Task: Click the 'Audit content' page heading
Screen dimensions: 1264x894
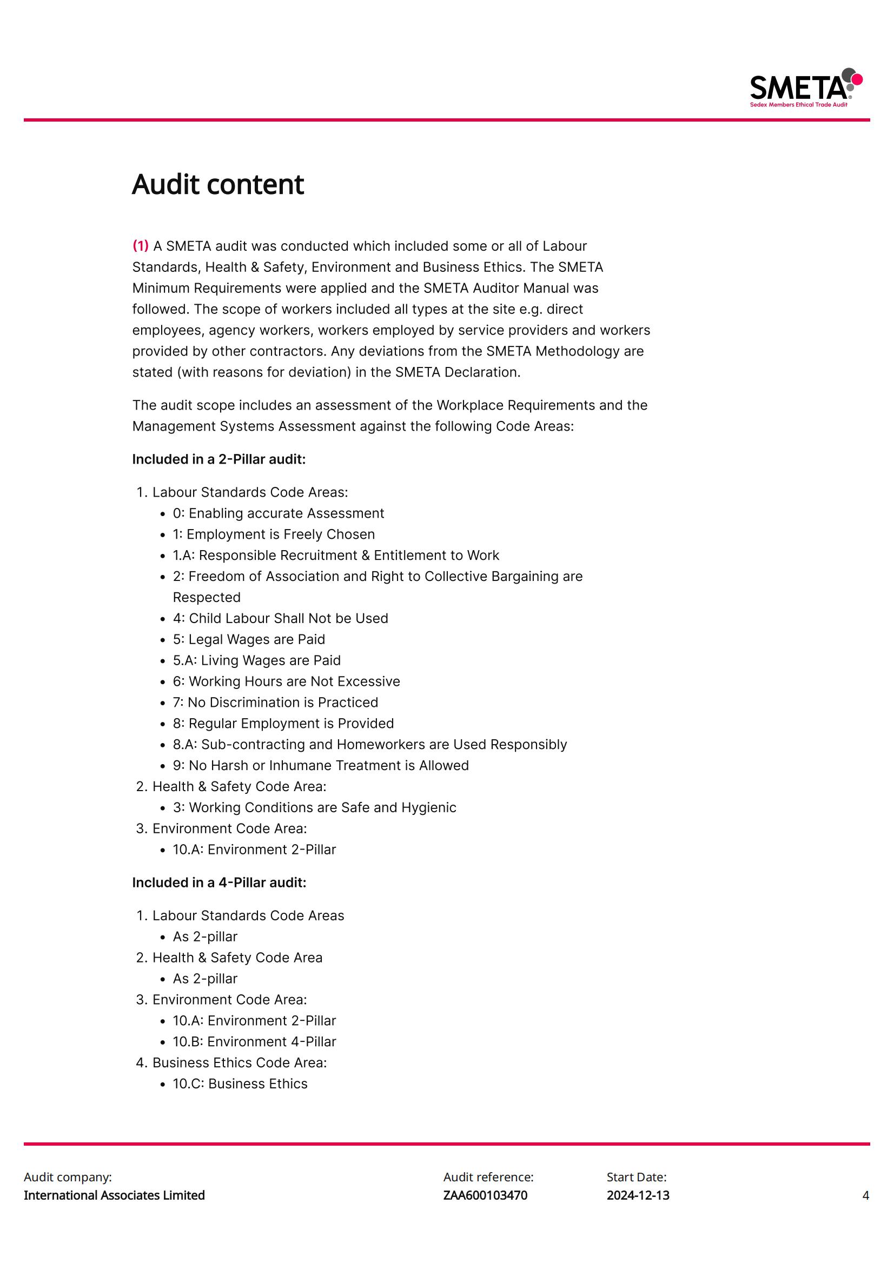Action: pyautogui.click(x=217, y=184)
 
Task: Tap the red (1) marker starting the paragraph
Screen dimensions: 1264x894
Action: pyautogui.click(x=141, y=245)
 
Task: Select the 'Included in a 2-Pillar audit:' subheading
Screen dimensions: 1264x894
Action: pyautogui.click(x=218, y=459)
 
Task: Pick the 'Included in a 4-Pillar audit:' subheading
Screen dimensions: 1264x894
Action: pyautogui.click(x=218, y=882)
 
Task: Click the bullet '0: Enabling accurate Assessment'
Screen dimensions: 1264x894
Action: pyautogui.click(x=278, y=513)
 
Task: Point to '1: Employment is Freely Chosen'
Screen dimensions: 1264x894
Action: pyautogui.click(x=274, y=534)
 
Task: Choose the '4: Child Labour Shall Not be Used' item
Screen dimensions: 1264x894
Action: pyautogui.click(x=280, y=618)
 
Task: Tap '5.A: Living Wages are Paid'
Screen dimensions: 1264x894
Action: pyautogui.click(x=257, y=660)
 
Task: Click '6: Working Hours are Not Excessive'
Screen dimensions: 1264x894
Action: pyautogui.click(x=287, y=681)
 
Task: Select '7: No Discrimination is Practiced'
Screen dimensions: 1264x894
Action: pyautogui.click(x=275, y=702)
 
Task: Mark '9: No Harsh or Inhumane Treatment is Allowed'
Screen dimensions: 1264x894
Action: pyautogui.click(x=321, y=765)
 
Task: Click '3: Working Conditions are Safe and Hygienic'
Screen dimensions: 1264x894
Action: pyautogui.click(x=315, y=807)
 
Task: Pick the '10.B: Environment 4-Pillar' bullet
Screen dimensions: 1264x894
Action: pyautogui.click(x=254, y=1041)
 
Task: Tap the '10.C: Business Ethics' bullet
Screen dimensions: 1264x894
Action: pyautogui.click(x=240, y=1084)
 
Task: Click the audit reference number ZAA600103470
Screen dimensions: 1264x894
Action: pyautogui.click(x=485, y=1195)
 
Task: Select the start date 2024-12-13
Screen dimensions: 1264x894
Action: pyautogui.click(x=638, y=1195)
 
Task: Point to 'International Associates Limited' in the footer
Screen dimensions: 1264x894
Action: pyautogui.click(x=114, y=1195)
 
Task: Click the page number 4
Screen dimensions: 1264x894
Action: pyautogui.click(x=865, y=1195)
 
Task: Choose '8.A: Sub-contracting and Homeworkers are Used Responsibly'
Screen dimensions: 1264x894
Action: pyautogui.click(x=369, y=744)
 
